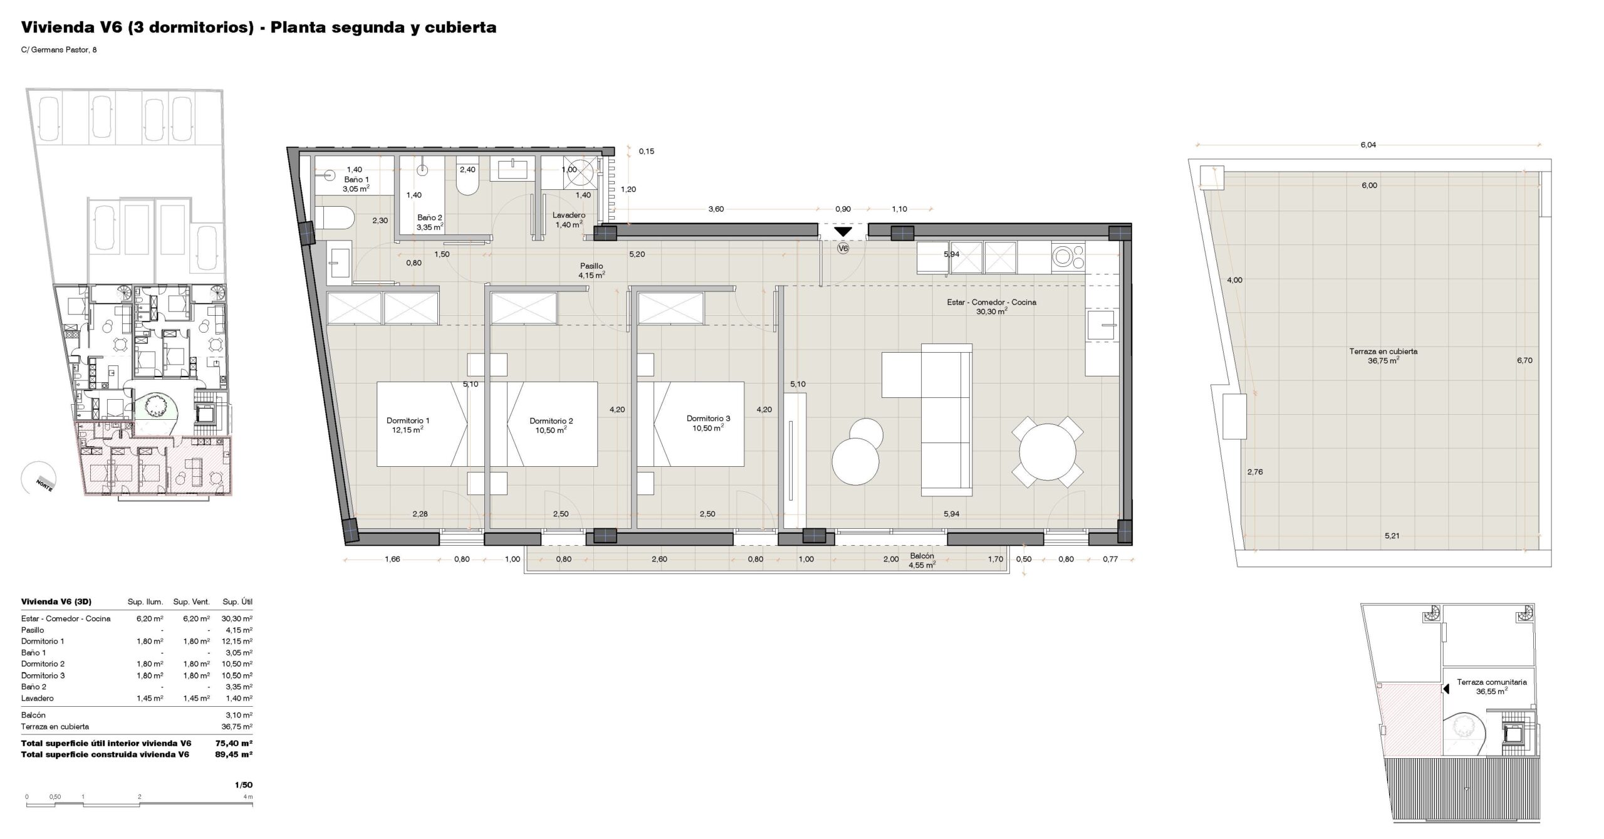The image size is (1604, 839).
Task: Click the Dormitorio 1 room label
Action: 408,420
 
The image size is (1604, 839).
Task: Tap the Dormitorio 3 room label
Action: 708,419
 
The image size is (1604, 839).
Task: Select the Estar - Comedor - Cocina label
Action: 991,302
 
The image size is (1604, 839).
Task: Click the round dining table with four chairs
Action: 1047,452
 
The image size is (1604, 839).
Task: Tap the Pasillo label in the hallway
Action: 591,266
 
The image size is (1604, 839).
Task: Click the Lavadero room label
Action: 569,216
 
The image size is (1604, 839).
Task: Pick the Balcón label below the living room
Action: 922,556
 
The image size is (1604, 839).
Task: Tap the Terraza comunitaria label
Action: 1492,682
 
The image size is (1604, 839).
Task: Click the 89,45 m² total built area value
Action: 234,754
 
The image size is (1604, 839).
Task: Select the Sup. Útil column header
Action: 237,602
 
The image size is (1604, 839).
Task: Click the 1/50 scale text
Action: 244,784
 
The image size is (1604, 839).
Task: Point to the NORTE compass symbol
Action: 38,479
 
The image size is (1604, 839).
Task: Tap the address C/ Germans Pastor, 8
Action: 59,50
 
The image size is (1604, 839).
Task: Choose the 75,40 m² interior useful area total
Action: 234,743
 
